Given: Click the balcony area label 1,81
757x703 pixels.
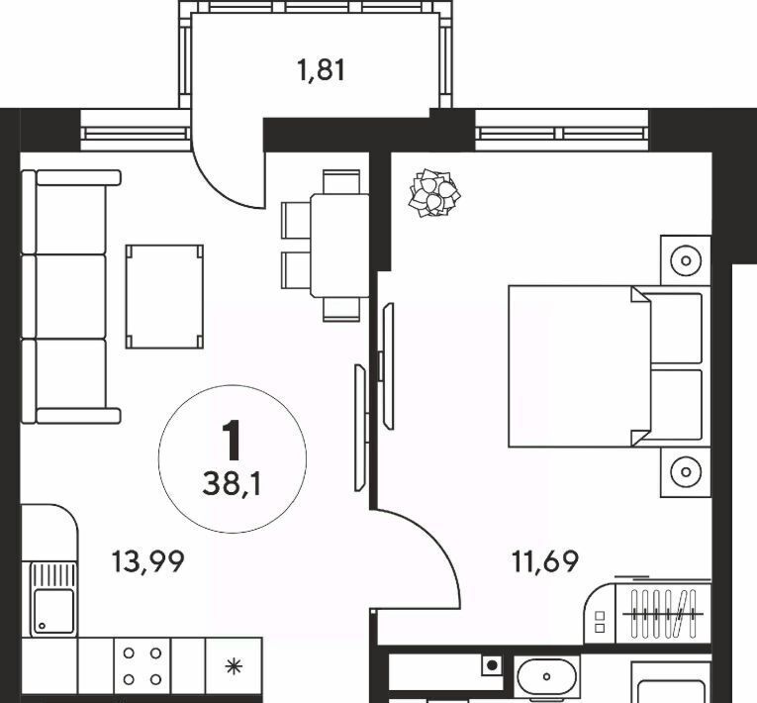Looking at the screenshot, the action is coord(322,70).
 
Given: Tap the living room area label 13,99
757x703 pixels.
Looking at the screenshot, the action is coord(147,562).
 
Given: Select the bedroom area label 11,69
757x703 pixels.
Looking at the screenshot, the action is coord(545,561).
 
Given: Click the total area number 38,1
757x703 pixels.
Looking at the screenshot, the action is coord(233,483).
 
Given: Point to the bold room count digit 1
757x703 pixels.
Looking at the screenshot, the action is coord(233,441).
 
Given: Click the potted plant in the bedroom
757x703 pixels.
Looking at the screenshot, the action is coord(434,192).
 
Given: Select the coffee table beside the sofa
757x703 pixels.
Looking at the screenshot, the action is coord(164,297).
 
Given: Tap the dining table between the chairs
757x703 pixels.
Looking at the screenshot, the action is coord(339,246).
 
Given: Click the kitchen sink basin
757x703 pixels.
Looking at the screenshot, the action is coord(54,611).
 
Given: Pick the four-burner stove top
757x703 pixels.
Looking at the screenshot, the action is coord(142,666).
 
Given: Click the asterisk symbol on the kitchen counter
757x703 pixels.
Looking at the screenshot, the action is coord(234,666).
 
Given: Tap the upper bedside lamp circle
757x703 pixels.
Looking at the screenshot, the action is coord(686,261).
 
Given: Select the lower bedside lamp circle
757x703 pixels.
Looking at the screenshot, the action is coord(686,471).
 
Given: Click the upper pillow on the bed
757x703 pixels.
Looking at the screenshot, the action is coord(676,329).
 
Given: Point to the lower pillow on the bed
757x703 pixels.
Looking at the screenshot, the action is coord(676,405).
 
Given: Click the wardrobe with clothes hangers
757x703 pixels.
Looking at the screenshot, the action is coord(663,614).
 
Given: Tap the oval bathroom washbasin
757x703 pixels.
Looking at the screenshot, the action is coord(546,676).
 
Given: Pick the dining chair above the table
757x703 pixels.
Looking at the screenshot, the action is coord(341,181).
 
